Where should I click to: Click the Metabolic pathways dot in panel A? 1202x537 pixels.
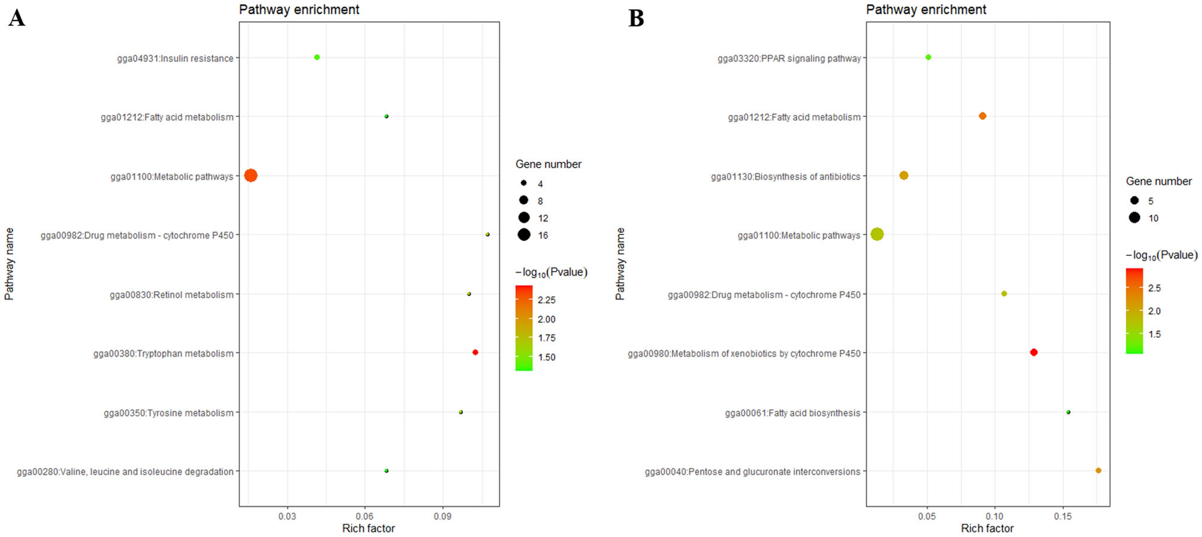click(251, 176)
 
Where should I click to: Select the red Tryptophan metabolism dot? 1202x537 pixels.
click(475, 352)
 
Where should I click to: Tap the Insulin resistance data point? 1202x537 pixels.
click(317, 58)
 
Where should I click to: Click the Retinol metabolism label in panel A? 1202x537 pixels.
click(171, 295)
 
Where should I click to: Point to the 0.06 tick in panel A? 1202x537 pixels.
click(365, 516)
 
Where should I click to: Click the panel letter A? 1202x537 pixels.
click(17, 18)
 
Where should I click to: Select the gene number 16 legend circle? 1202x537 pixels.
click(524, 235)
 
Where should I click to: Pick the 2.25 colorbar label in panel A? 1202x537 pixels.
click(546, 300)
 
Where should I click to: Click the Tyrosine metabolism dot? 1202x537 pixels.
click(461, 412)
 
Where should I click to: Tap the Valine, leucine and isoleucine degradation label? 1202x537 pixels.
click(125, 472)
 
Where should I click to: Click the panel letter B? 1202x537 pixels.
click(636, 18)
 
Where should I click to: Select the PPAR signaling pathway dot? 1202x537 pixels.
click(928, 58)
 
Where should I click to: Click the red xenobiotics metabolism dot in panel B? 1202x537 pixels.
click(1034, 352)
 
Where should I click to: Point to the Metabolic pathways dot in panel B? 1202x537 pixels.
click(877, 234)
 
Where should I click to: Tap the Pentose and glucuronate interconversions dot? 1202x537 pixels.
click(1098, 470)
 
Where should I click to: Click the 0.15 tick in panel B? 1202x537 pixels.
click(1063, 516)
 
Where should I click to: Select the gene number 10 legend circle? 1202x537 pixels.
click(1134, 218)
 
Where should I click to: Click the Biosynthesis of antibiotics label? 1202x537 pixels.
click(785, 177)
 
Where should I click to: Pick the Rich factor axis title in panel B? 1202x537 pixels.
click(987, 528)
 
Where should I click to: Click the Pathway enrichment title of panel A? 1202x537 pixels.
click(299, 10)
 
